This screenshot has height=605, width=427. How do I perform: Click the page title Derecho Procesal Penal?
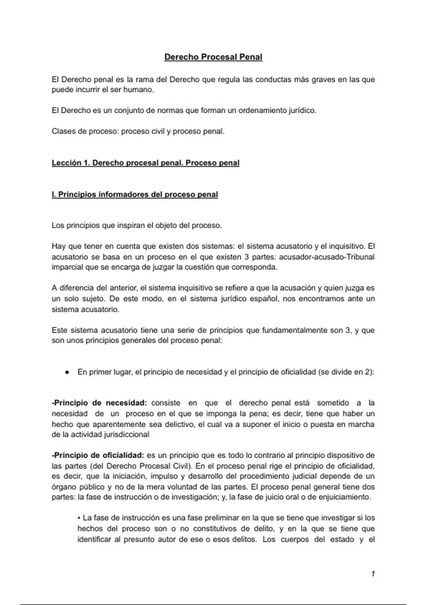click(x=213, y=57)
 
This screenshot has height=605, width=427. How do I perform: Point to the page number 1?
click(x=373, y=574)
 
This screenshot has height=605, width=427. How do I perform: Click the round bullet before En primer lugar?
click(x=67, y=372)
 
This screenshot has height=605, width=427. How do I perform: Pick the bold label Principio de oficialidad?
click(x=98, y=455)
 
